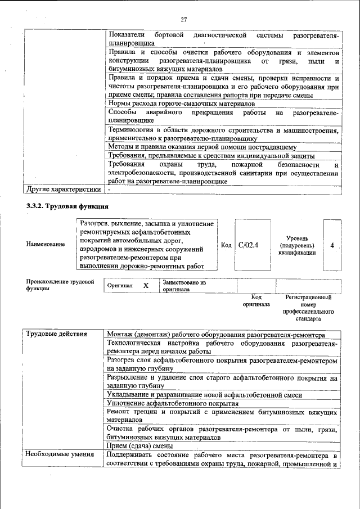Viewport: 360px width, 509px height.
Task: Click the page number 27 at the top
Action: click(x=183, y=20)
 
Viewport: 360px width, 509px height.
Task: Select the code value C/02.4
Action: click(x=248, y=245)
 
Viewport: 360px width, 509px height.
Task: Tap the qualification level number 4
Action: click(x=332, y=245)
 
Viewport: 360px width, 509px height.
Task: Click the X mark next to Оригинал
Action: click(x=146, y=285)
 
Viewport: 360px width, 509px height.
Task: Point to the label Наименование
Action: click(x=45, y=244)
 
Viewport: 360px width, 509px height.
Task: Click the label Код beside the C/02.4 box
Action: click(x=226, y=245)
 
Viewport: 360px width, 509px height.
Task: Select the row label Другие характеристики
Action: click(x=63, y=190)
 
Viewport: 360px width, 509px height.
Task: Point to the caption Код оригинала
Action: click(x=256, y=300)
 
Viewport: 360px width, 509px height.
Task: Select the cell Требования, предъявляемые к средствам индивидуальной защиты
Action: click(x=211, y=155)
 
